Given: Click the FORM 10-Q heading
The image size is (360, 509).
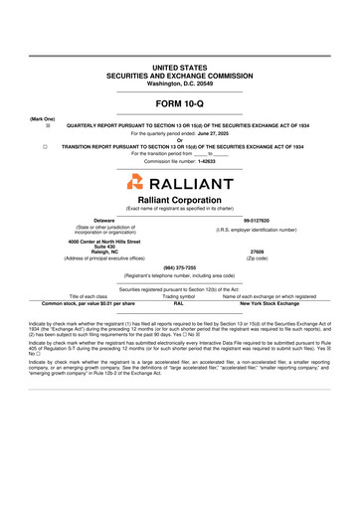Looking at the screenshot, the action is (179, 103).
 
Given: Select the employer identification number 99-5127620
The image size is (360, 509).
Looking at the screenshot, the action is (257, 220).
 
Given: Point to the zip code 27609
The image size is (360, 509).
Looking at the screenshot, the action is (257, 252).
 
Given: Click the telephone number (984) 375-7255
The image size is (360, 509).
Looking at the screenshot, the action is (179, 266).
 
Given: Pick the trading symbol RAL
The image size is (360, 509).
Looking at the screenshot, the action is (179, 303).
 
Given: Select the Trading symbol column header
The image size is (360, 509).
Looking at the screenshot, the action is (179, 296).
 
